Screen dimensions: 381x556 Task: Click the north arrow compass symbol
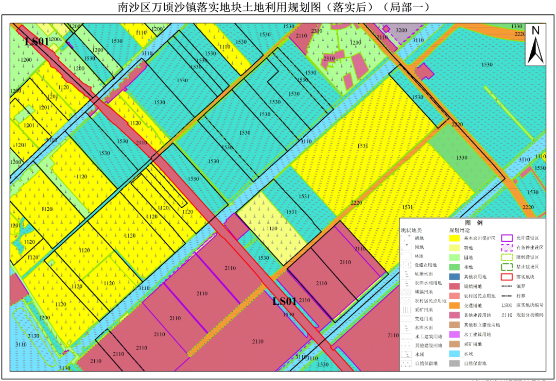click(535, 45)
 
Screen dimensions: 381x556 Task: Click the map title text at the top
click(273, 8)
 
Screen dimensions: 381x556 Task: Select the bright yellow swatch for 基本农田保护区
click(455, 238)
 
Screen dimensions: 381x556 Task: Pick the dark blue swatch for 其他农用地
click(455, 277)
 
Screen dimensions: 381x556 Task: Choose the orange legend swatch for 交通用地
click(455, 305)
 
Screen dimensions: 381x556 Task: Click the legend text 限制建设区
click(528, 257)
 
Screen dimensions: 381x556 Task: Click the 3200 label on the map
click(401, 30)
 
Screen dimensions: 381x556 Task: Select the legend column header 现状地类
click(411, 230)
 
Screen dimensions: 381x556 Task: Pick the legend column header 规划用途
click(459, 230)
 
